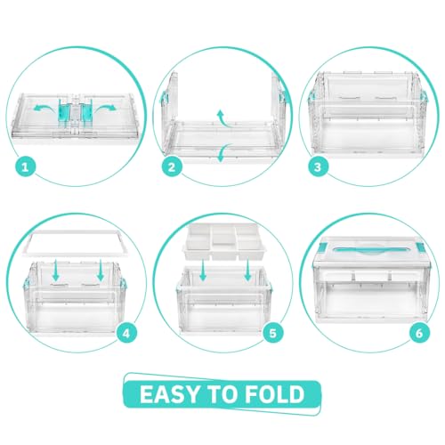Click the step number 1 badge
25,166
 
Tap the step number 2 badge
172,166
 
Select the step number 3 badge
318,166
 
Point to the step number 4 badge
126,333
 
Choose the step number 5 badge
273,333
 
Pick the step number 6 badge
419,333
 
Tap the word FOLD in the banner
275,394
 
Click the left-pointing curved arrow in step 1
44,109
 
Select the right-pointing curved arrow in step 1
105,109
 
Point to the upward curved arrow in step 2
223,119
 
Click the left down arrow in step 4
56,270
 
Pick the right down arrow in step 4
101,270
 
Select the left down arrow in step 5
203,270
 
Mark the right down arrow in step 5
247,270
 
